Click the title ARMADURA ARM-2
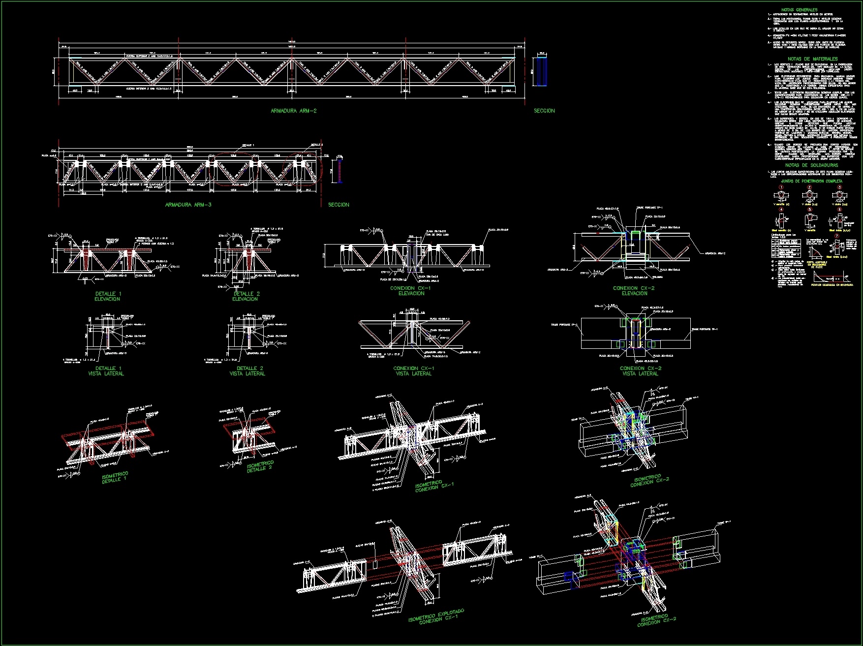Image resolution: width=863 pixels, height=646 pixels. tap(293, 111)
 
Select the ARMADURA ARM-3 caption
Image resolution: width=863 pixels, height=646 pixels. tap(188, 204)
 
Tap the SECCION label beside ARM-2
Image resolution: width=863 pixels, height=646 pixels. tap(544, 111)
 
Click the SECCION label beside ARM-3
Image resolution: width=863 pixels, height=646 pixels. tap(339, 204)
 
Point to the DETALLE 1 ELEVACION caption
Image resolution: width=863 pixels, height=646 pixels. tap(107, 296)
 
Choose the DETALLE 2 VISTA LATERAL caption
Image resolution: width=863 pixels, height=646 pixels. tap(247, 371)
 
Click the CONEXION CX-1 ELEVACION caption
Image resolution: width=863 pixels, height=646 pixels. tap(411, 291)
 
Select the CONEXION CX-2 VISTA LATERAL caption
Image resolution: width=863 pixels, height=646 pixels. tap(641, 371)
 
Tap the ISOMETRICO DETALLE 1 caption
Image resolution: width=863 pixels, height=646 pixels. tap(115, 478)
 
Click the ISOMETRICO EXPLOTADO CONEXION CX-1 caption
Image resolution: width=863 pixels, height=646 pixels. tap(437, 617)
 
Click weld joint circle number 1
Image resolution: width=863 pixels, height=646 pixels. tap(781, 187)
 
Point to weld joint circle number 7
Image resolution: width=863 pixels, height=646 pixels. tap(836, 236)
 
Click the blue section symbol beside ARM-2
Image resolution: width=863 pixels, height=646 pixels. tap(542, 71)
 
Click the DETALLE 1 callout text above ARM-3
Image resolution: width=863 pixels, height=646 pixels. tap(248, 146)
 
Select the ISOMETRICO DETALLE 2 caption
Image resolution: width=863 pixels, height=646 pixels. tap(260, 466)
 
